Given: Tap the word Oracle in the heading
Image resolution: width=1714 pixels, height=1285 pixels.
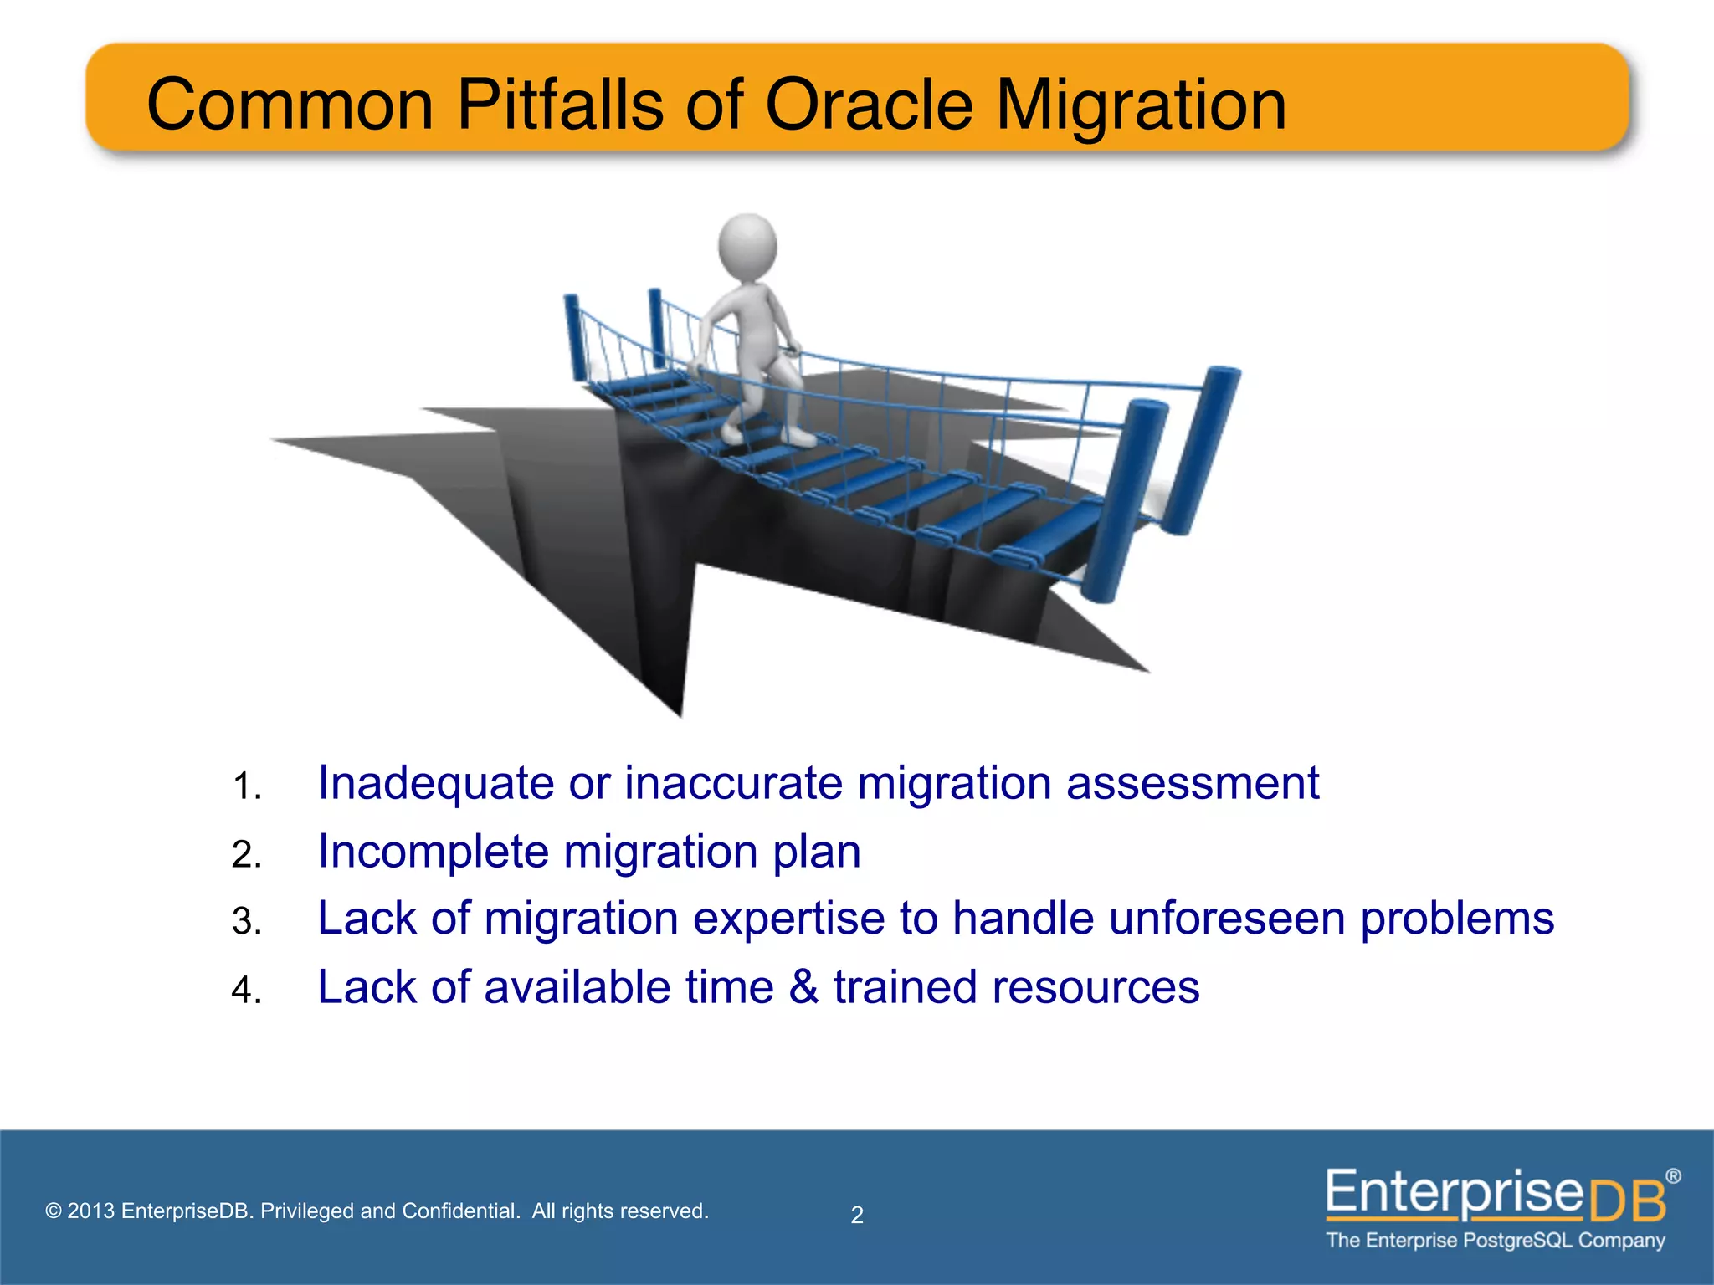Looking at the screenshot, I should point(869,105).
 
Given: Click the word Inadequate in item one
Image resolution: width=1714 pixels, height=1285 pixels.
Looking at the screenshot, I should point(435,785).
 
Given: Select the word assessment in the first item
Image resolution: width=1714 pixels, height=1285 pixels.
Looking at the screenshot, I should point(1192,785).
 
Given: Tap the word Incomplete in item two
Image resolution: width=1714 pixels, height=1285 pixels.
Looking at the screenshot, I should point(434,852).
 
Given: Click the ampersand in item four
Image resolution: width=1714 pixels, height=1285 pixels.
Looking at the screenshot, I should point(803,987).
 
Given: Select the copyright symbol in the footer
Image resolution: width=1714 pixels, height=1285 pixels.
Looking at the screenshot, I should point(54,1211).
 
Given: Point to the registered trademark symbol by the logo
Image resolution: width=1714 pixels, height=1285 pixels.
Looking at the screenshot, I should point(1672,1176).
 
